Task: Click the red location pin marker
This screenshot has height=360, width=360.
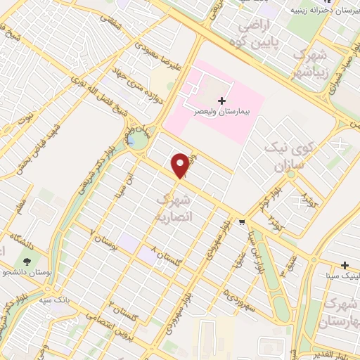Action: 181,165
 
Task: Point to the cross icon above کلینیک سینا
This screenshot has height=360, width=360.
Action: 345,265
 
